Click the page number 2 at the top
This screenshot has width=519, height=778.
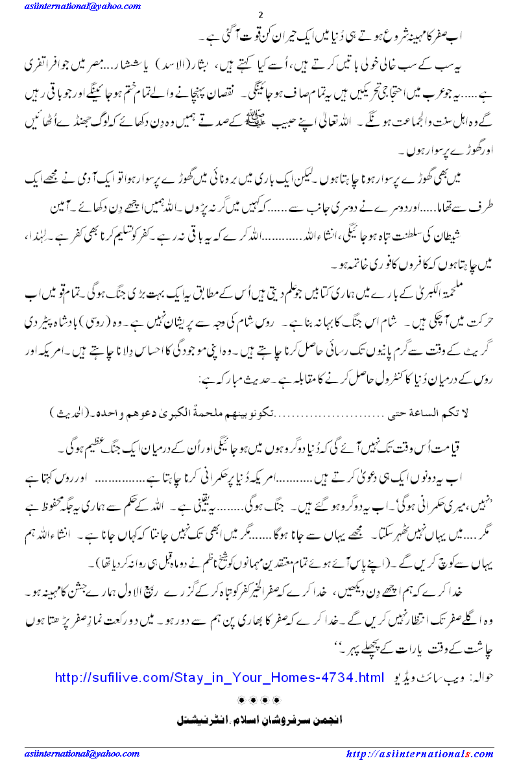[260, 16]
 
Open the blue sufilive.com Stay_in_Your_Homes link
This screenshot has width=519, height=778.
[220, 678]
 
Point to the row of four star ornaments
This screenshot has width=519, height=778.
[259, 701]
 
